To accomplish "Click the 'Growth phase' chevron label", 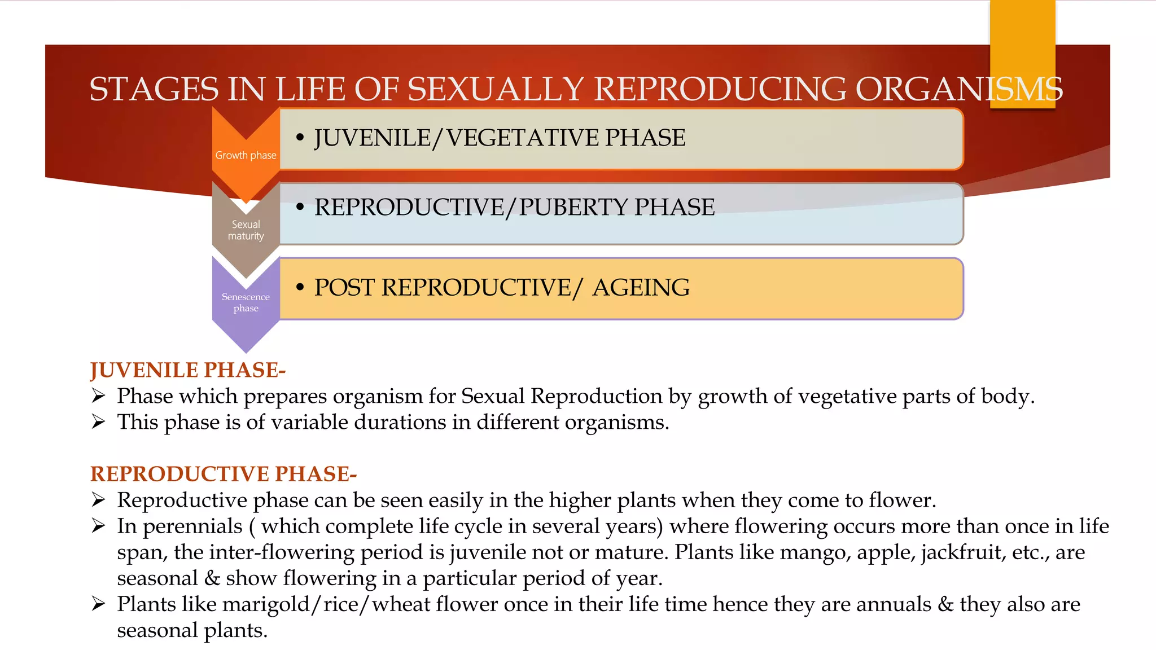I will [246, 155].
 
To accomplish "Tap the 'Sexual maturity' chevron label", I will [246, 230].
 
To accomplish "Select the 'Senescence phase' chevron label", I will [246, 302].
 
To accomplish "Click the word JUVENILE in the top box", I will [372, 138].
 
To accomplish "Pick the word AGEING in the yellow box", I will [641, 288].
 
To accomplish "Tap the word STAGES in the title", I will [154, 89].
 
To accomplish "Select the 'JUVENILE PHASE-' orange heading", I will [188, 370].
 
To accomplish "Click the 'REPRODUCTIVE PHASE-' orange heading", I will [224, 474].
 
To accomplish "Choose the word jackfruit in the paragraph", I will [963, 552].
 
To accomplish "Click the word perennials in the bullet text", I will [192, 526].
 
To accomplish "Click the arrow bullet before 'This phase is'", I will [99, 422].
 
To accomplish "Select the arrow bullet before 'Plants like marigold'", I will [99, 604].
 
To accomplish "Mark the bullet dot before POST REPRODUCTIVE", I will [300, 288].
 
